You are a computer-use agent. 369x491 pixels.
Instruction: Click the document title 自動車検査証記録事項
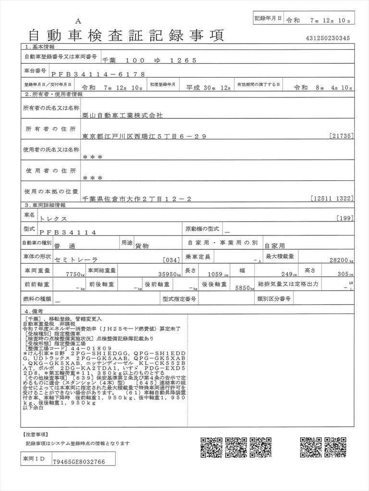pos(126,35)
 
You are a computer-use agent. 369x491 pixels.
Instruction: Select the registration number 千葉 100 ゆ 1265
pos(149,60)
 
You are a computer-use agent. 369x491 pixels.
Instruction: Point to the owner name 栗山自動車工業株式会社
pos(123,116)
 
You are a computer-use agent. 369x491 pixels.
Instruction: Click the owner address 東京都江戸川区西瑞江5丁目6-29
pos(144,137)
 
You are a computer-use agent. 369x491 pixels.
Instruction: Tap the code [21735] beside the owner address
pos(342,137)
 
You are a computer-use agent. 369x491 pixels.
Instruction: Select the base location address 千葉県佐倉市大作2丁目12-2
pos(137,198)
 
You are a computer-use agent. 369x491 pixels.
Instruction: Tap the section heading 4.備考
pos(37,311)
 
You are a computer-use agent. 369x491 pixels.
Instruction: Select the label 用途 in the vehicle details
pos(126,243)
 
